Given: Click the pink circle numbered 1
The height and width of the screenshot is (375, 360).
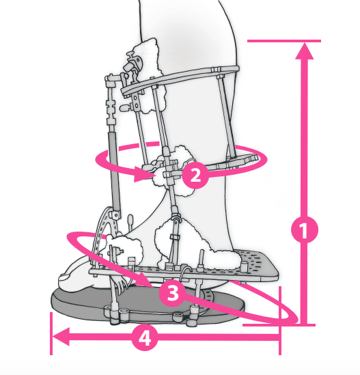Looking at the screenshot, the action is (305, 230).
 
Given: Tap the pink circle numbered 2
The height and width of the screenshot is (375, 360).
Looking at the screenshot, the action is (195, 175).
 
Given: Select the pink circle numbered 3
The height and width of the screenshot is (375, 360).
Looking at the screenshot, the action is (172, 293).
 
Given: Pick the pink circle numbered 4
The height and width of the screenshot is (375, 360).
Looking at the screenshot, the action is (145, 337).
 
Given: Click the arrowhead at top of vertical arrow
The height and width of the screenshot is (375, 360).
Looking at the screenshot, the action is (304, 51).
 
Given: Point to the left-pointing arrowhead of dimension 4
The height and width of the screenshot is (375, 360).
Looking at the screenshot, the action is (61, 337).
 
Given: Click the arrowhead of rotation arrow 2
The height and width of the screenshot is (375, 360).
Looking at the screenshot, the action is (144, 174).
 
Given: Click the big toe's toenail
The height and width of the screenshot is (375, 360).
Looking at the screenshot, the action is (64, 277).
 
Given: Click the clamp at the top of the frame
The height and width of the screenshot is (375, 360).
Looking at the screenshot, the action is (133, 63).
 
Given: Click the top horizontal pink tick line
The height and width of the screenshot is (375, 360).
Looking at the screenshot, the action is (284, 41).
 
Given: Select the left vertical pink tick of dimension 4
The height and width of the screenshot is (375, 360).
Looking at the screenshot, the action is (51, 333).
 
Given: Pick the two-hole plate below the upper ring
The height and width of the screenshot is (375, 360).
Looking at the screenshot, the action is (136, 101).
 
